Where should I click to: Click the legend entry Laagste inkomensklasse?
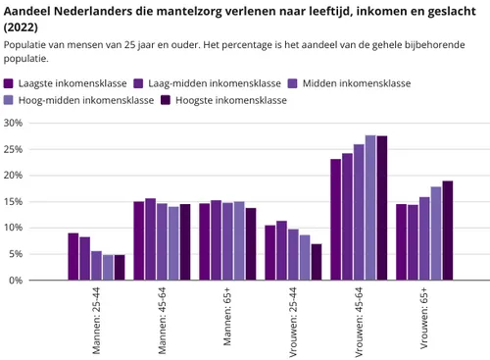click(x=65, y=83)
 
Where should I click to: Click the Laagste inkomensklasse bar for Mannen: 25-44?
click(x=73, y=256)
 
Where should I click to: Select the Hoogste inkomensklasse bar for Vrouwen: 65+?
click(x=447, y=231)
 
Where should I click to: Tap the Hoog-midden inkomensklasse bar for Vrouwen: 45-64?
click(x=370, y=208)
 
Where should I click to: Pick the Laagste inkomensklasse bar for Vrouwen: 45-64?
click(x=336, y=220)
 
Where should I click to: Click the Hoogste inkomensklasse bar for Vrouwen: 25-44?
click(x=316, y=262)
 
